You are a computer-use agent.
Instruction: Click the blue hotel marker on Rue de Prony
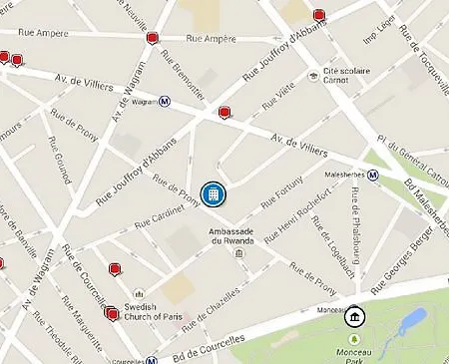(212, 193)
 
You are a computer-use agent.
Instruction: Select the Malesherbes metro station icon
(372, 174)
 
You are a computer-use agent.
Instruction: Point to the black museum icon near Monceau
(355, 317)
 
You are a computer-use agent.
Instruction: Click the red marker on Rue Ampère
(152, 38)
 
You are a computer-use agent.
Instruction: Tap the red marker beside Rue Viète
(225, 113)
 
